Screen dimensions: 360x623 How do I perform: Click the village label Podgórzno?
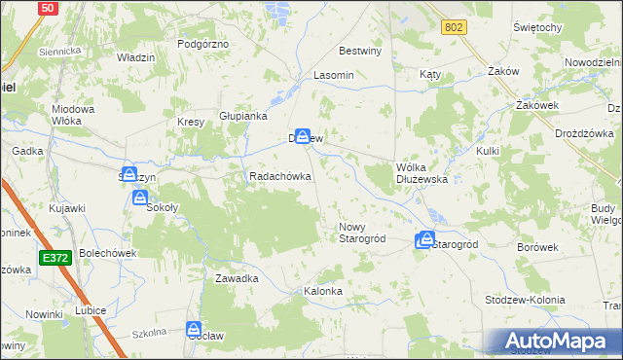(202, 44)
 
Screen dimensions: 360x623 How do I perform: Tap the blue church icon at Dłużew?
(303, 138)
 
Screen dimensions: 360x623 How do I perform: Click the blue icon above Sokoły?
(139, 198)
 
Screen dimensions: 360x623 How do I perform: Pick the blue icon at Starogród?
(425, 239)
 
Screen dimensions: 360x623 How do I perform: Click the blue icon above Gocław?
(194, 330)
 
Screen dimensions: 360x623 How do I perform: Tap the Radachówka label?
(280, 177)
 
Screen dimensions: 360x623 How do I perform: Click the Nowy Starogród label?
(362, 233)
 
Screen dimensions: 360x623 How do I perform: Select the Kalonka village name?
(323, 291)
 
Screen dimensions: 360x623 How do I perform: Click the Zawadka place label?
(237, 278)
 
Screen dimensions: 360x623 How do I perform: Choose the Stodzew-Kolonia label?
(525, 300)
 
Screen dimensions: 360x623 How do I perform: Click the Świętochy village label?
(537, 27)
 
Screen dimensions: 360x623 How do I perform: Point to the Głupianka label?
(243, 115)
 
